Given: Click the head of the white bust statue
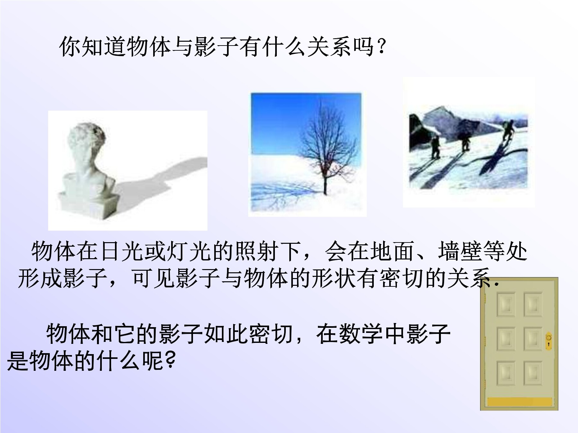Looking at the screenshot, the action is pyautogui.click(x=86, y=144).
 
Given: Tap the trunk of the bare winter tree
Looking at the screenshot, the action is pyautogui.click(x=325, y=180).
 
